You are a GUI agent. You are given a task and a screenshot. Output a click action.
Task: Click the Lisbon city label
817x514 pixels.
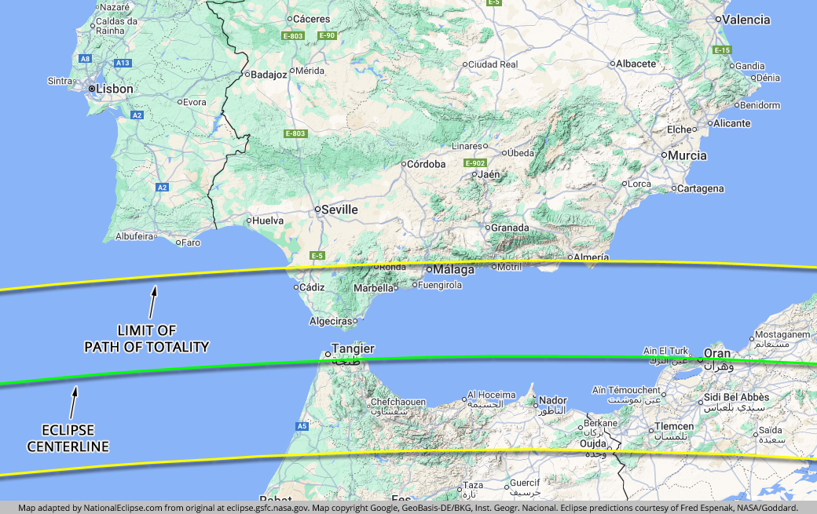tap(114, 89)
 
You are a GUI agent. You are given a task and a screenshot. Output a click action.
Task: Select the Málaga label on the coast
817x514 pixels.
tap(454, 270)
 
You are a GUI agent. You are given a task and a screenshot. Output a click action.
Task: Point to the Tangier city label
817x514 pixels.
tap(353, 348)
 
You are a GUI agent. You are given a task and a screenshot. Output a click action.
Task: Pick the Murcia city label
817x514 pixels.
tap(687, 155)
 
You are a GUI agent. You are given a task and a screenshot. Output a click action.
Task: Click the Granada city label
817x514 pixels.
tap(510, 228)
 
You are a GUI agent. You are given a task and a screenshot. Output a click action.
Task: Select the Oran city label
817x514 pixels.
tap(716, 353)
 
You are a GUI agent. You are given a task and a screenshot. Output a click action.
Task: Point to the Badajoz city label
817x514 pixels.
tap(269, 75)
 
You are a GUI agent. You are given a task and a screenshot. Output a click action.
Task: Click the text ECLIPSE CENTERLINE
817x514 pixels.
tap(68, 439)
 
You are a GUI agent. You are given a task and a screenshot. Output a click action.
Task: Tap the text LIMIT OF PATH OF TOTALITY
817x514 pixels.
tap(147, 339)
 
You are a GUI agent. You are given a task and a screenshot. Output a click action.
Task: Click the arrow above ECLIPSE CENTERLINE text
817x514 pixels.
tap(75, 402)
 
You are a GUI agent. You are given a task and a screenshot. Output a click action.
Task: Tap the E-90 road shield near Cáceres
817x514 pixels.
tap(327, 35)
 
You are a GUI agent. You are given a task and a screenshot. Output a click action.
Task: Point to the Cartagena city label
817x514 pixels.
tap(702, 188)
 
